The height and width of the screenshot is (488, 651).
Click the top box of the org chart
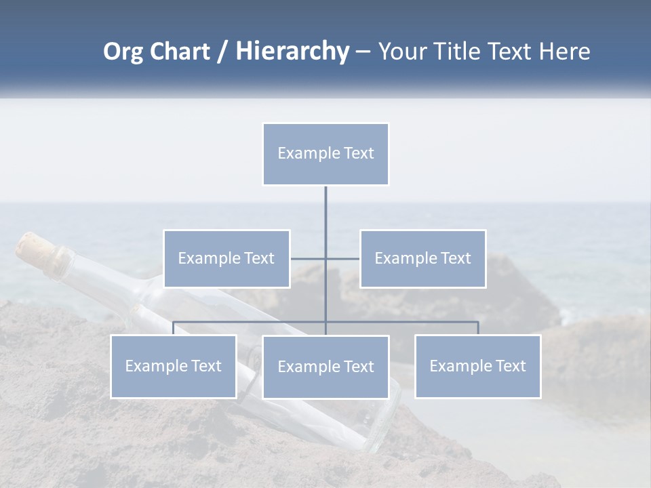point(325,154)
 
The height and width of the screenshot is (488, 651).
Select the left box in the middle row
point(226,258)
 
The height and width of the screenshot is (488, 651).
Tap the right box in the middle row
point(422,258)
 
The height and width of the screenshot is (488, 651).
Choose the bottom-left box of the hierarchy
point(174,366)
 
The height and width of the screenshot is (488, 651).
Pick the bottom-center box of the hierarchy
point(325,367)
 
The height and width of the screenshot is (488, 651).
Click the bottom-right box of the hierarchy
point(477,366)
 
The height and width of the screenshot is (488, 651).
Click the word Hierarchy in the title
point(292,52)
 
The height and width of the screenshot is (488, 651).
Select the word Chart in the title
point(179,52)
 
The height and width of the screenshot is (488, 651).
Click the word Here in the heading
point(564,52)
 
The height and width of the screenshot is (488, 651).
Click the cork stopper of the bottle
point(31,247)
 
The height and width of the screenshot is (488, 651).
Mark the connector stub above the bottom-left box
point(174,328)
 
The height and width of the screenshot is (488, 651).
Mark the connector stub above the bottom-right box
point(477,328)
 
